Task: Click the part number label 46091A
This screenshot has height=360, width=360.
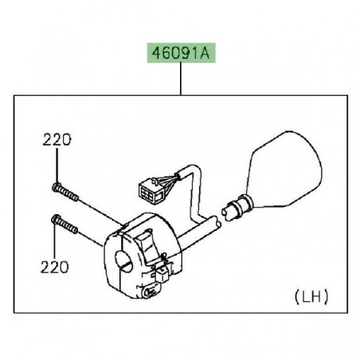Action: (180, 53)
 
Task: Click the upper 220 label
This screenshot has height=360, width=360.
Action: (57, 139)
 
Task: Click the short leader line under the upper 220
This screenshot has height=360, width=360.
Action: (57, 164)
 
